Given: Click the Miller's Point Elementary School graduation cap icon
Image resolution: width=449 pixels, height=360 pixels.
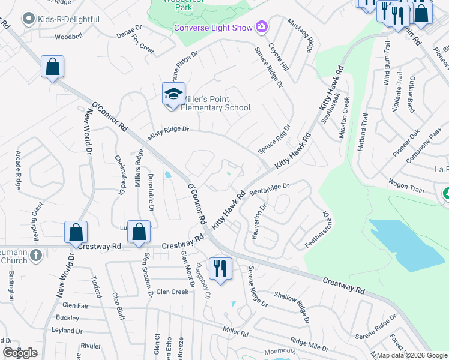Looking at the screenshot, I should point(173,94).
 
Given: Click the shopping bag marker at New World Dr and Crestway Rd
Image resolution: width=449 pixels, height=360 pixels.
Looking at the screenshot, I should point(76,232).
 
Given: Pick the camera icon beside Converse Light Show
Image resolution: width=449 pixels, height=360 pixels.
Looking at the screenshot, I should point(261,27).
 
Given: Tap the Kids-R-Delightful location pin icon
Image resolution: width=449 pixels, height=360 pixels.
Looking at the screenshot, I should point(28,19).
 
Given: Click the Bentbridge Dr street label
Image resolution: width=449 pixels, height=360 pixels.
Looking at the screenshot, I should point(270,189).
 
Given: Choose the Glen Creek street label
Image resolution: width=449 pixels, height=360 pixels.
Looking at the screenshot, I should point(172,292).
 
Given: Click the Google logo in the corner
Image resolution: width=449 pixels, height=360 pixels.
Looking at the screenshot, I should point(20,353).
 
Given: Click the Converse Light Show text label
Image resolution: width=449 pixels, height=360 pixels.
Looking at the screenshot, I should point(213,28).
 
